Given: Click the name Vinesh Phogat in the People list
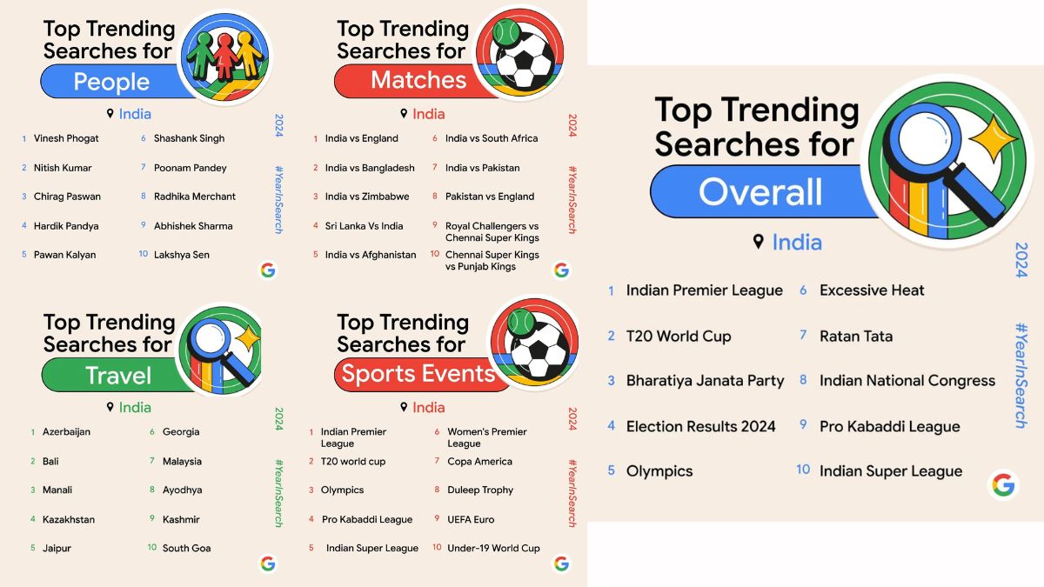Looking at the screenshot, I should (x=66, y=138).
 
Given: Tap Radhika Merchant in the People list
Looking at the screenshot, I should (x=195, y=197).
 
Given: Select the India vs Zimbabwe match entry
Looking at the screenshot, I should (x=367, y=197).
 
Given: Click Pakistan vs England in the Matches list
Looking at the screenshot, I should (x=490, y=197).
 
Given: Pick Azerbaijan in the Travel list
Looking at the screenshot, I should (x=66, y=432).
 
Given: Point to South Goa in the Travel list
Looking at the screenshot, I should (x=186, y=549).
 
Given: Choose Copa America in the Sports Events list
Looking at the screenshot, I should (x=479, y=462).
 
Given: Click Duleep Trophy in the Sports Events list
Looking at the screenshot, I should (x=480, y=490).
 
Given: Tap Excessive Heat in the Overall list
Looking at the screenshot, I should (x=872, y=290).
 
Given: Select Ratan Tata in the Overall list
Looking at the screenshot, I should (x=856, y=337).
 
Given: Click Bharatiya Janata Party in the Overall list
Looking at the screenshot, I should (x=705, y=381).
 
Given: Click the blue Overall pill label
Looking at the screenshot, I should (x=760, y=191).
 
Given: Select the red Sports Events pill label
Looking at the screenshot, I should (x=418, y=375).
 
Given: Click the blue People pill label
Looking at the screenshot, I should (x=111, y=82).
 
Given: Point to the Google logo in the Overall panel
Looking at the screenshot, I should (x=1003, y=485).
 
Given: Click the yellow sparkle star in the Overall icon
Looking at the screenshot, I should (x=993, y=139).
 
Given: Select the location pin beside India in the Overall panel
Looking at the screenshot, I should (x=759, y=242).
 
